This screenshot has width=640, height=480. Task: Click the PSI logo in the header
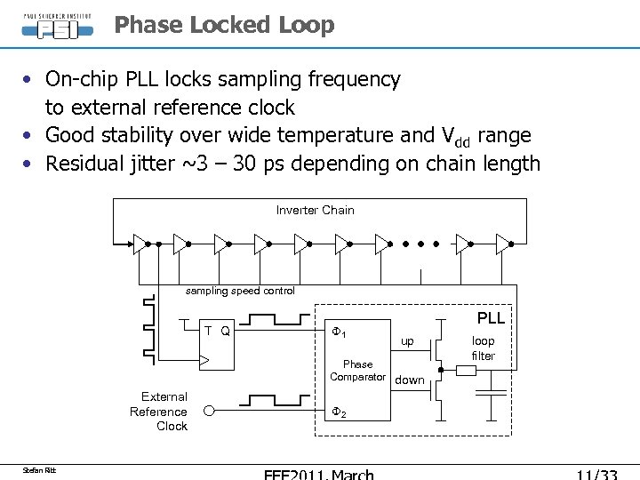point(56,24)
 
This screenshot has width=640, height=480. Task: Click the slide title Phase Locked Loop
point(224,25)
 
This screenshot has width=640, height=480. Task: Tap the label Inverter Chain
point(315,211)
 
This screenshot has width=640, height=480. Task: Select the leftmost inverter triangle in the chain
point(140,242)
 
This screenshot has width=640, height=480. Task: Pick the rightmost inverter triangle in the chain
point(503,242)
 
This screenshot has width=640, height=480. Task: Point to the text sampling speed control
point(240,291)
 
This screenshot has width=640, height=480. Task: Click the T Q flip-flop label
point(218,332)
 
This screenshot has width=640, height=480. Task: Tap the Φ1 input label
point(339,332)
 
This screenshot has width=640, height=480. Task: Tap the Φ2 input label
point(339,412)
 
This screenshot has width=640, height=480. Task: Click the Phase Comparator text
point(357,371)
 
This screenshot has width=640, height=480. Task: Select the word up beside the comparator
point(406,341)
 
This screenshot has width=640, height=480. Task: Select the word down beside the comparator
point(410,380)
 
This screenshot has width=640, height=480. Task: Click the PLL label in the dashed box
point(490,318)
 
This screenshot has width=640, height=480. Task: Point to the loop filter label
point(484,348)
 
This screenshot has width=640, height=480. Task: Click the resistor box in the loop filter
point(466,371)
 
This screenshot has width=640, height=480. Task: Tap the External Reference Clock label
point(158,412)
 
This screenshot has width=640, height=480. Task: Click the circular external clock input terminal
point(209,412)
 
